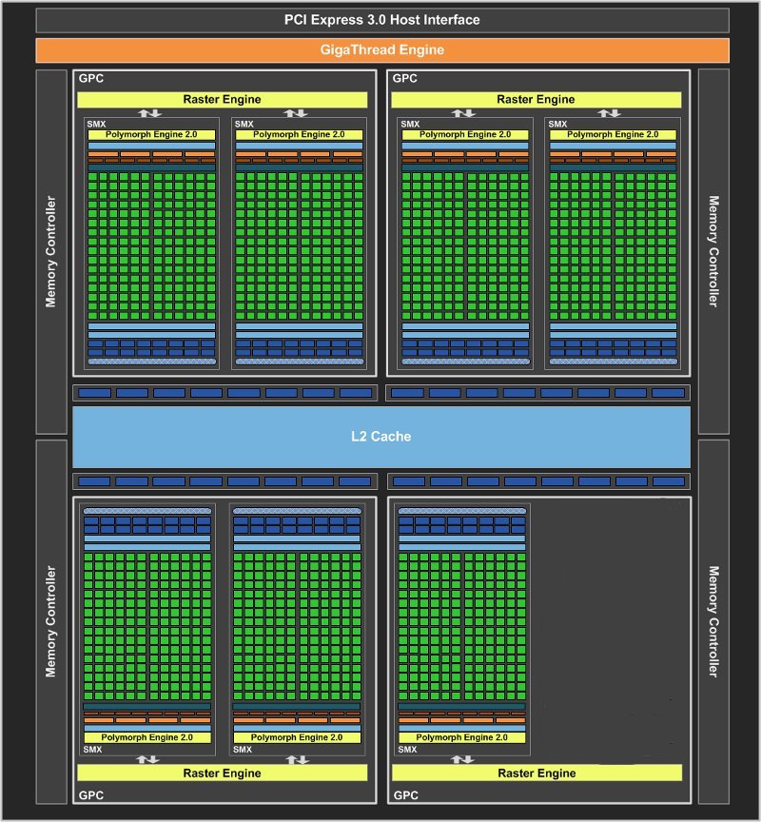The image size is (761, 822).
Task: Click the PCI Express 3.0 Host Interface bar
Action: (382, 20)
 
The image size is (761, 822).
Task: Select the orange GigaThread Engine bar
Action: (382, 50)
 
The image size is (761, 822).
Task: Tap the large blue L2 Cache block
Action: (381, 437)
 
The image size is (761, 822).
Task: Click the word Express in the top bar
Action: (337, 20)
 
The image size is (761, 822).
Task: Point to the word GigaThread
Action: (358, 49)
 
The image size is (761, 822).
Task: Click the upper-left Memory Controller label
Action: (50, 251)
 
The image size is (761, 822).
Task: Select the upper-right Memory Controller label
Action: (713, 251)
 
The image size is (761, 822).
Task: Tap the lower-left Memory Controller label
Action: (50, 621)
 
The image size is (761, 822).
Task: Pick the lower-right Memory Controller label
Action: (713, 621)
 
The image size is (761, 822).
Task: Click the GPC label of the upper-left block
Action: (91, 79)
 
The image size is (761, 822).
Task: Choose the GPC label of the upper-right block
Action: (405, 79)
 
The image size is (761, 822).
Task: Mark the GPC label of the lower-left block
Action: (91, 795)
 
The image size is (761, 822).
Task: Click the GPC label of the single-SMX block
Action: (406, 795)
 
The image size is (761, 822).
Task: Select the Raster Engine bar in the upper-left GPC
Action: (223, 100)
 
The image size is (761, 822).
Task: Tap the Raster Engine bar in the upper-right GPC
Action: (537, 100)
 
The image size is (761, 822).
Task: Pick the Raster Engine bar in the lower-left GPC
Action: (223, 773)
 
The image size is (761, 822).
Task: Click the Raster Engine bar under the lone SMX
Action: (537, 773)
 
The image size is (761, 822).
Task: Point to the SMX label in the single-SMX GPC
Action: (407, 750)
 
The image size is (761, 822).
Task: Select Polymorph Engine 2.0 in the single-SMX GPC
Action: (461, 737)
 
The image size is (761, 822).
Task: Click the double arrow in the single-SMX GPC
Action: (462, 759)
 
